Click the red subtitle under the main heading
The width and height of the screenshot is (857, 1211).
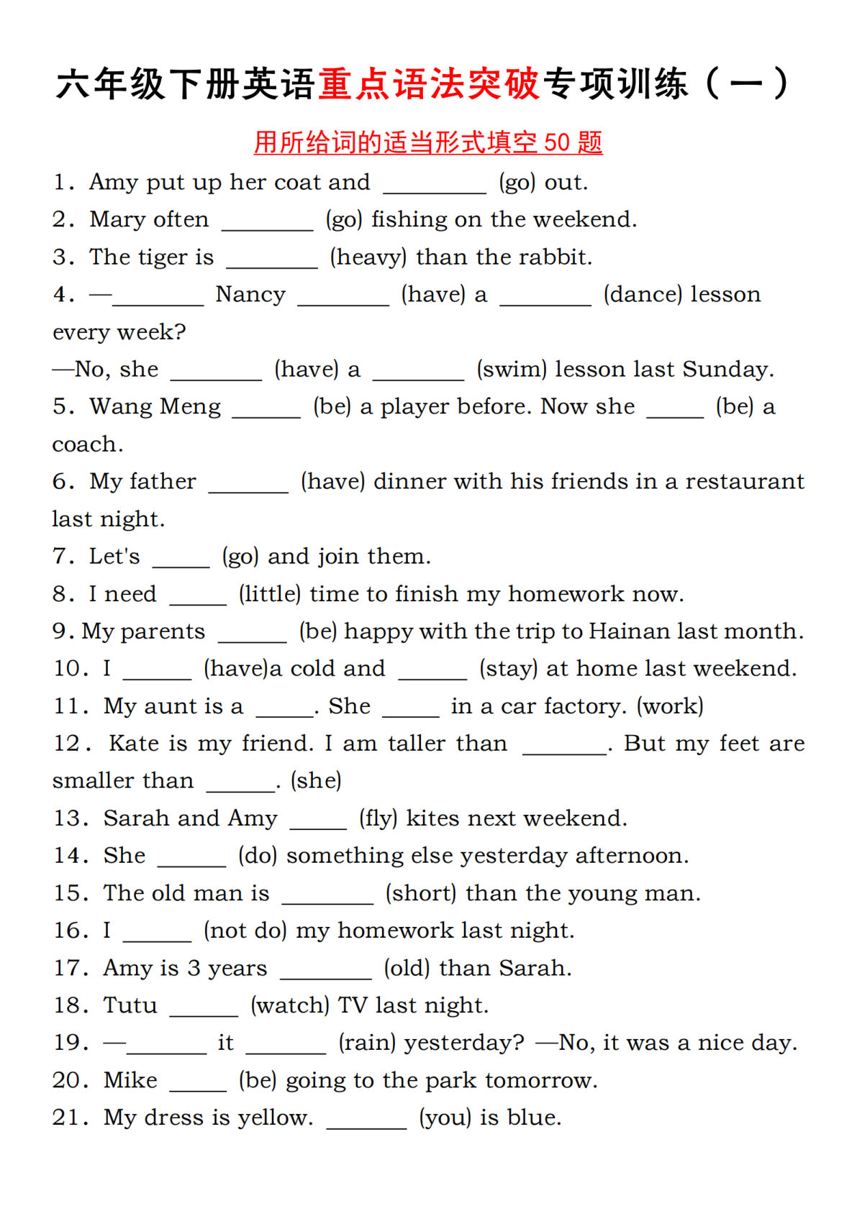[428, 142]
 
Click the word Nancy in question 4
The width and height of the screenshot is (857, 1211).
[250, 294]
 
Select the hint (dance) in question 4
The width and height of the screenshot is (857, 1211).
[643, 294]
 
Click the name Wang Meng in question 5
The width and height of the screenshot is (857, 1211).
[155, 406]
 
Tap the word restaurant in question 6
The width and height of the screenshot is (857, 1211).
[744, 481]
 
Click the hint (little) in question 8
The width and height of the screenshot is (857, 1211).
[270, 594]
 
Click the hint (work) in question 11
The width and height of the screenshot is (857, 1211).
[670, 706]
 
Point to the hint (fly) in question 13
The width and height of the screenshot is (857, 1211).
[378, 818]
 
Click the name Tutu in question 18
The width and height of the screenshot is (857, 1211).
[130, 1005]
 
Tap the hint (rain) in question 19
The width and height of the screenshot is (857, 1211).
[367, 1043]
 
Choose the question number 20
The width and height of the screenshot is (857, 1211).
[70, 1080]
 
